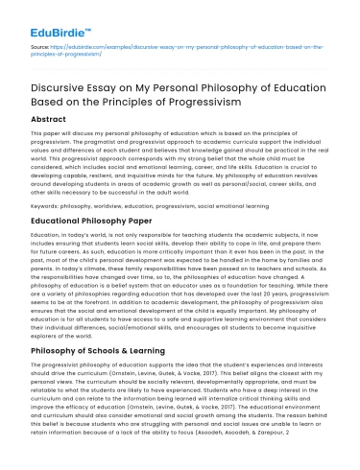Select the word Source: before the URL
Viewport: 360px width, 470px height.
coord(29,44)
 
